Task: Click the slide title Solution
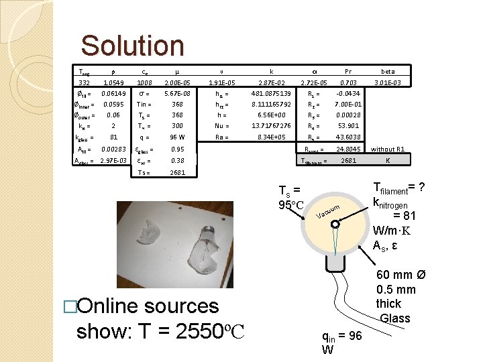click(x=132, y=46)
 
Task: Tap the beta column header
click(x=388, y=70)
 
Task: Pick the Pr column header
click(x=347, y=70)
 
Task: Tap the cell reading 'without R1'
click(x=388, y=149)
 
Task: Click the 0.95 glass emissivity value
click(x=177, y=149)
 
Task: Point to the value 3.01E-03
click(x=388, y=82)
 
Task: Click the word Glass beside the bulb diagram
click(x=394, y=318)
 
